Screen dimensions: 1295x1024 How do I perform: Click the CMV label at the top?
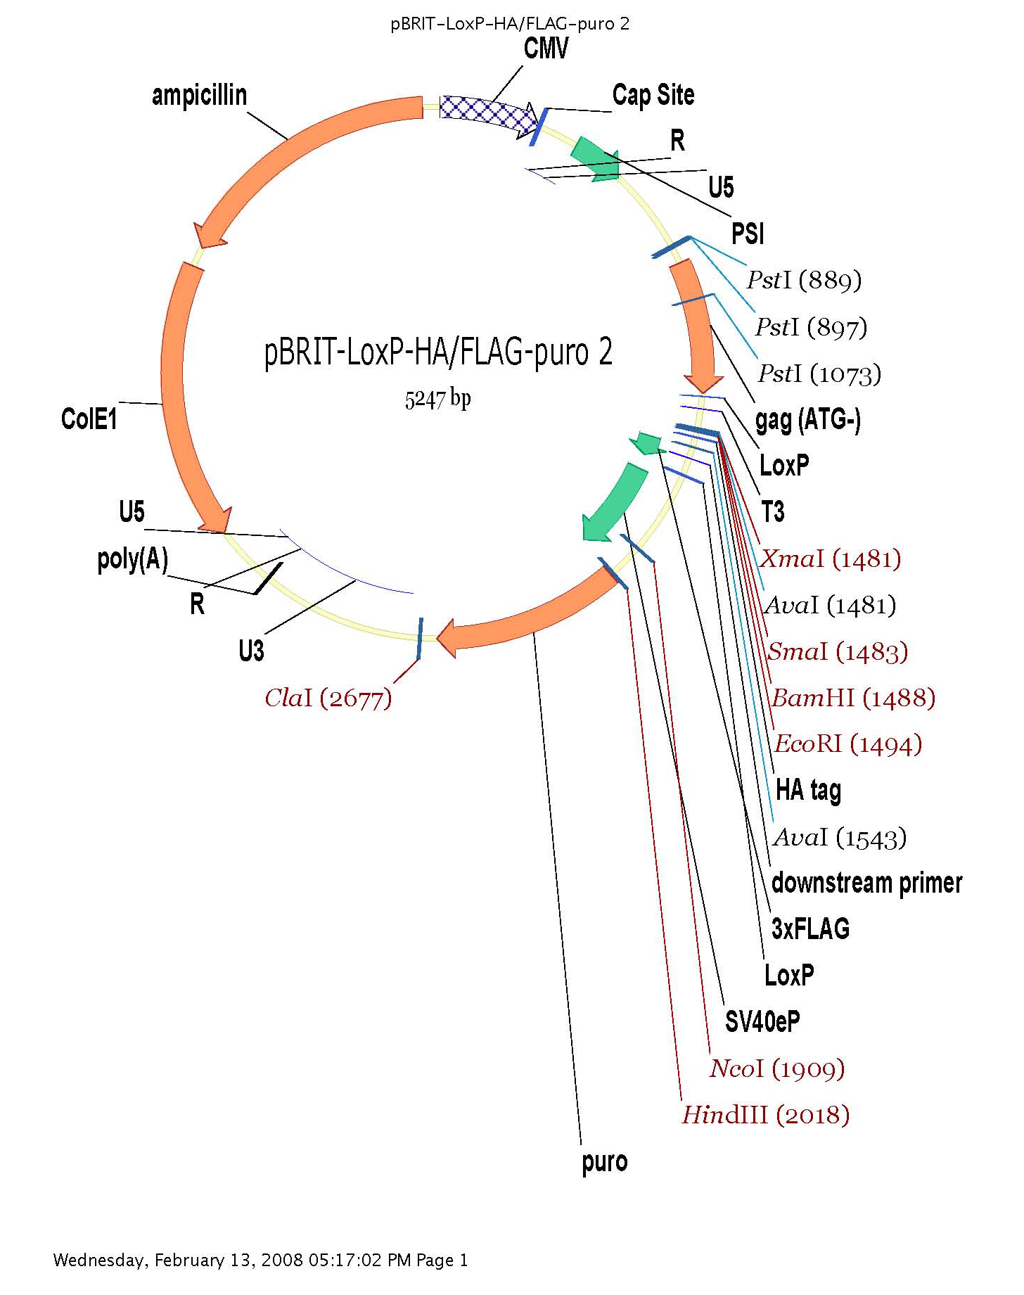(x=546, y=49)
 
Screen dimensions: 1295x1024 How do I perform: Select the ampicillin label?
(x=199, y=95)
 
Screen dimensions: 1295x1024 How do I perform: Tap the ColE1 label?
(x=89, y=419)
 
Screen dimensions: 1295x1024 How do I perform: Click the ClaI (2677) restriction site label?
(x=328, y=698)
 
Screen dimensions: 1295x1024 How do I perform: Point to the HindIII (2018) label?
(x=765, y=1115)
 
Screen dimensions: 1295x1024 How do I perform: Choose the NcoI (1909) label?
(x=776, y=1068)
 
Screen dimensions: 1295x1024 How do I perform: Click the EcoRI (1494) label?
(x=847, y=744)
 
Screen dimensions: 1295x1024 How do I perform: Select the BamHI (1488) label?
(x=853, y=698)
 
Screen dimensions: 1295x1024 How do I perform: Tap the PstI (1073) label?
(x=819, y=374)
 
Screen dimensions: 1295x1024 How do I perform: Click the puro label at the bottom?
(x=604, y=1161)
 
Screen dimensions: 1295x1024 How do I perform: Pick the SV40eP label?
(x=762, y=1021)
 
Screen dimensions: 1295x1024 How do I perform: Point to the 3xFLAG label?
(x=810, y=929)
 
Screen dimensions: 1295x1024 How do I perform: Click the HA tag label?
(x=808, y=790)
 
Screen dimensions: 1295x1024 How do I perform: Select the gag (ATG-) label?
(x=808, y=420)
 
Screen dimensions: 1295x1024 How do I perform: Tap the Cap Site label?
(x=653, y=95)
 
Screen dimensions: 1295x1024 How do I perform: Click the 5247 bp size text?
(x=437, y=400)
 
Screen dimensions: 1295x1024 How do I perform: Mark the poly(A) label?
(x=133, y=559)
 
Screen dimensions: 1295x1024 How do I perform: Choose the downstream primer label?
(x=866, y=883)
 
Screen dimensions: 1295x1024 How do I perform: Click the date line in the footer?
(x=260, y=1260)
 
